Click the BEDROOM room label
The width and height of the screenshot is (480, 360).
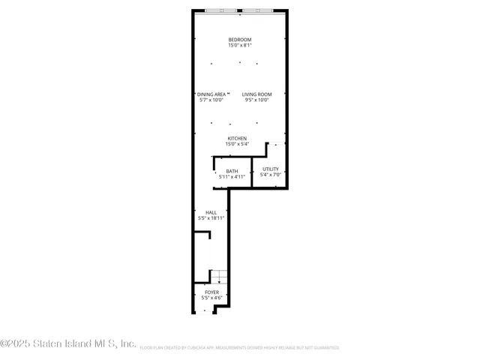[x=240, y=40]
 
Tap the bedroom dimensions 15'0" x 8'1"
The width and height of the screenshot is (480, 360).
[x=240, y=46]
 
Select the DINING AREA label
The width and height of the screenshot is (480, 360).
[x=211, y=94]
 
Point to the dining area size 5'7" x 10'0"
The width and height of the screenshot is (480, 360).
[x=211, y=100]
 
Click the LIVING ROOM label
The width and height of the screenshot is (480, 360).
[x=256, y=94]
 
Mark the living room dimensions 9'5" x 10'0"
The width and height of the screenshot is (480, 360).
[x=256, y=100]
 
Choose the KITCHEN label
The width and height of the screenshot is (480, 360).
[x=238, y=139]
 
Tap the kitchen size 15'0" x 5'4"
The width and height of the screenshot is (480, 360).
[x=238, y=145]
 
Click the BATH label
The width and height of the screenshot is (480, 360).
[x=232, y=171]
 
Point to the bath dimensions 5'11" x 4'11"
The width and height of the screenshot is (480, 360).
[x=232, y=177]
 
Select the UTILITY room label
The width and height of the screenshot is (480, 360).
[x=270, y=169]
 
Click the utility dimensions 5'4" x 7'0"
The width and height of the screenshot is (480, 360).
[x=270, y=175]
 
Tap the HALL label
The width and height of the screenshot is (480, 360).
[x=200, y=212]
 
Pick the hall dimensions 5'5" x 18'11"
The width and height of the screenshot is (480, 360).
[x=206, y=218]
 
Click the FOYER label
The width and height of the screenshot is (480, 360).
[x=212, y=292]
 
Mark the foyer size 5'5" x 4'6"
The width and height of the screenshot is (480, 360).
[x=212, y=298]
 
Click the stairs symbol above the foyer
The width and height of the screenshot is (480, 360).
[x=217, y=276]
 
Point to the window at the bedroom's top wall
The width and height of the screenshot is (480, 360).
[x=240, y=11]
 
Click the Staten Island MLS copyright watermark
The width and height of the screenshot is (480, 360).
[x=68, y=344]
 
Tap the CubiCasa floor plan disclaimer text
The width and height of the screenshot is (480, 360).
[x=239, y=348]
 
